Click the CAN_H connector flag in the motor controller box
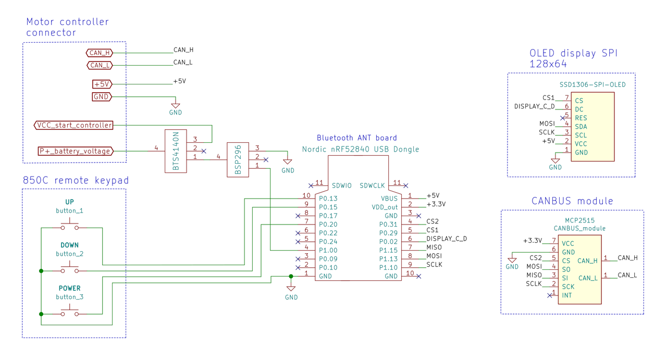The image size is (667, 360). [100, 53]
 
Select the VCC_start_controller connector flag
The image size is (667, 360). [73, 126]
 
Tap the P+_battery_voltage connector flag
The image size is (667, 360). [76, 151]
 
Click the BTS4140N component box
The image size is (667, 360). [176, 151]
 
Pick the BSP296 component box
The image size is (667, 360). [238, 160]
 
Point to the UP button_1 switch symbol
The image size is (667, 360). [70, 225]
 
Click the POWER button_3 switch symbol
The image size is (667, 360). [70, 311]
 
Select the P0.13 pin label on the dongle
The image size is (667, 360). [328, 198]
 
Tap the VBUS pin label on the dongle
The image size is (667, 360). [389, 198]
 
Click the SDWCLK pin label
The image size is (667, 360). [372, 186]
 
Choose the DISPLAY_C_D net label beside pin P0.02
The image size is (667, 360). [447, 239]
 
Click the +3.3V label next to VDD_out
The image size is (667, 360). [436, 204]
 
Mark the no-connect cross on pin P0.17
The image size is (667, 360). [298, 216]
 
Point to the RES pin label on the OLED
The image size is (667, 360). [581, 118]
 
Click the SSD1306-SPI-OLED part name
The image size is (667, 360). [592, 85]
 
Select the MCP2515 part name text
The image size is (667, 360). [580, 221]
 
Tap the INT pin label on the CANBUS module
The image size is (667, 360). [567, 295]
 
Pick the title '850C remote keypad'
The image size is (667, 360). [76, 180]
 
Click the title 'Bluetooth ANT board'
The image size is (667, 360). [357, 138]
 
